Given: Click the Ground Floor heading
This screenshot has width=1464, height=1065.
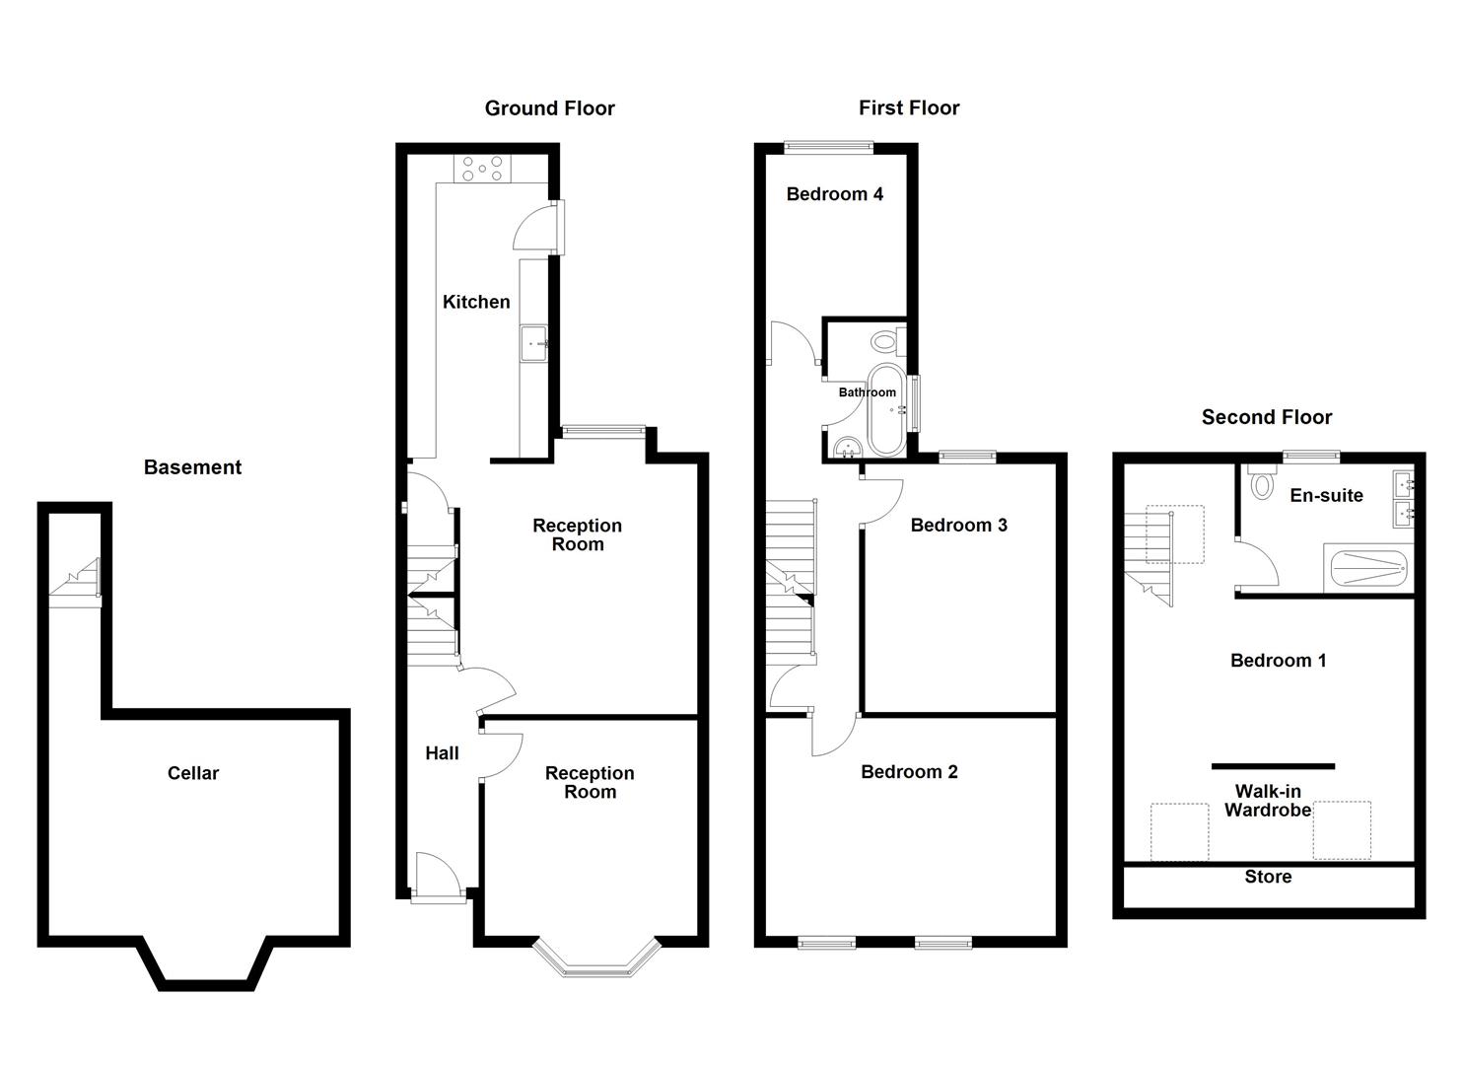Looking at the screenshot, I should [x=549, y=108].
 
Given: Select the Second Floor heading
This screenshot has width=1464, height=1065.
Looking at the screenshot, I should [x=1266, y=417].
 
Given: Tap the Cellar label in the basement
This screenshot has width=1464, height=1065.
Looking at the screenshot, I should [x=192, y=773].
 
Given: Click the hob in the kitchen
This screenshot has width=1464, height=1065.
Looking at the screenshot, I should [x=482, y=169].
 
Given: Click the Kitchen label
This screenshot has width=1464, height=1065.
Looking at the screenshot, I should [x=476, y=302].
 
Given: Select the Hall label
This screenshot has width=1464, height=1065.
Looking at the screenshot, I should [x=442, y=753].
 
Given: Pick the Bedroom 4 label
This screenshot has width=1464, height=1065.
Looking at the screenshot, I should [x=834, y=194].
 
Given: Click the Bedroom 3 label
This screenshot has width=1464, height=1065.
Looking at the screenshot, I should [x=958, y=525].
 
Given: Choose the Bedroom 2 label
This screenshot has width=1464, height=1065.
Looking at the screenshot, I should [x=909, y=772].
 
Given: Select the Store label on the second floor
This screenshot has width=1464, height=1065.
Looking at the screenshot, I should [x=1268, y=877].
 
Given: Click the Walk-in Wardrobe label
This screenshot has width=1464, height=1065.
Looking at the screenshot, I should [x=1268, y=801].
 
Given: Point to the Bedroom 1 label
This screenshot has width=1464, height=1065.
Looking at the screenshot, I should [x=1278, y=661].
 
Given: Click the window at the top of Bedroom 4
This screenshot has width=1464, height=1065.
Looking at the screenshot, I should [x=828, y=148].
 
